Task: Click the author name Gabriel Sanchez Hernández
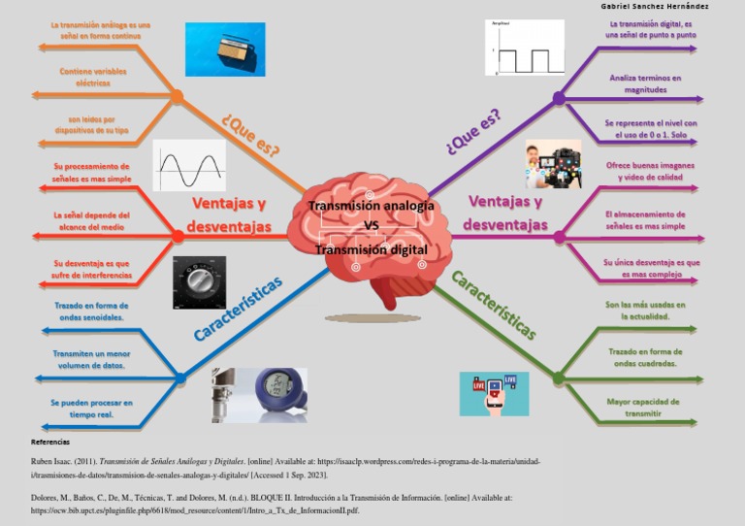[655, 6]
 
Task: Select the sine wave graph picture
[189, 166]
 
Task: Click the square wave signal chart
[524, 49]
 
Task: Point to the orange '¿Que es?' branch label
[251, 136]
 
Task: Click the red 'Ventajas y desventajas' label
[229, 214]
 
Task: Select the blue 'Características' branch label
[238, 309]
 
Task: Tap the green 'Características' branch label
[494, 306]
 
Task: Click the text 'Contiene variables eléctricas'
[92, 78]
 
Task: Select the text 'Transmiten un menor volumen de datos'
[91, 360]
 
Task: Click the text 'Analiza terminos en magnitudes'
[645, 83]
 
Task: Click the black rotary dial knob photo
[199, 281]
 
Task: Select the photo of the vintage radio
[224, 49]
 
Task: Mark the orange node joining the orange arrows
[177, 96]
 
